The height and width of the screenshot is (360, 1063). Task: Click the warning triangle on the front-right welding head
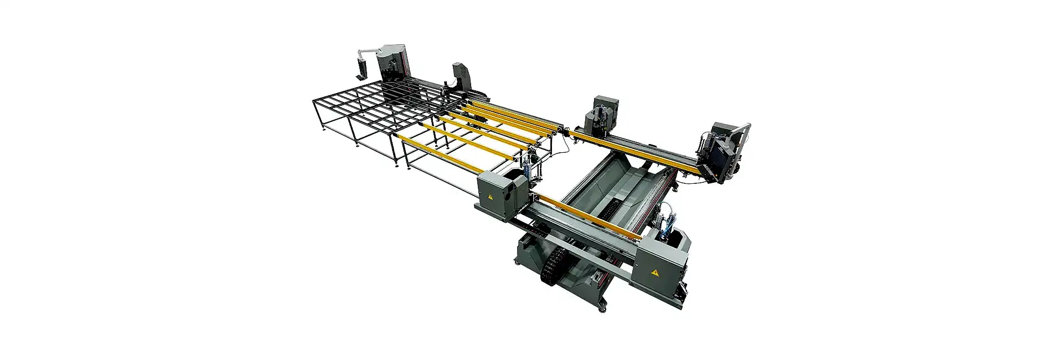[x=655, y=272]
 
